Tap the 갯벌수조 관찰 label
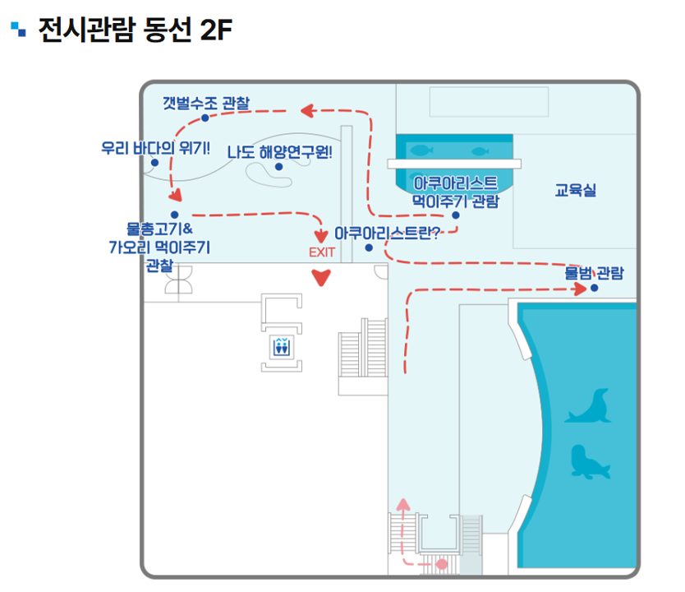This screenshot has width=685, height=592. click(206, 103)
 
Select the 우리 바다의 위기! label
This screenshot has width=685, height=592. click(155, 149)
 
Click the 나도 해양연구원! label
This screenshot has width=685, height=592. click(279, 151)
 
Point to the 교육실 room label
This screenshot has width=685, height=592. click(575, 191)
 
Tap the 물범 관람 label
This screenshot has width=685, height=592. click(594, 272)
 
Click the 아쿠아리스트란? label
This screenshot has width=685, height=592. click(387, 233)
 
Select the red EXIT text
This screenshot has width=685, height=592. click(322, 252)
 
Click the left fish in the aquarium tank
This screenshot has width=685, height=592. click(421, 150)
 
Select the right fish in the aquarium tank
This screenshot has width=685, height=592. click(480, 150)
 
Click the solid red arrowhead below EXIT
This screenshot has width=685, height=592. click(322, 278)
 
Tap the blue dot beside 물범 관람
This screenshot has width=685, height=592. click(594, 288)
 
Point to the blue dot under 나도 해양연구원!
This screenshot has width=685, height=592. click(279, 167)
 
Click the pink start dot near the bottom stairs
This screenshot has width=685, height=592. click(441, 564)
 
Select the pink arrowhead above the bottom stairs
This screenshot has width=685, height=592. click(402, 503)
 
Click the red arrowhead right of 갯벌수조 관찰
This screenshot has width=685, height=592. click(306, 109)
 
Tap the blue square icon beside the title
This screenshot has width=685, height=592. click(19, 30)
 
